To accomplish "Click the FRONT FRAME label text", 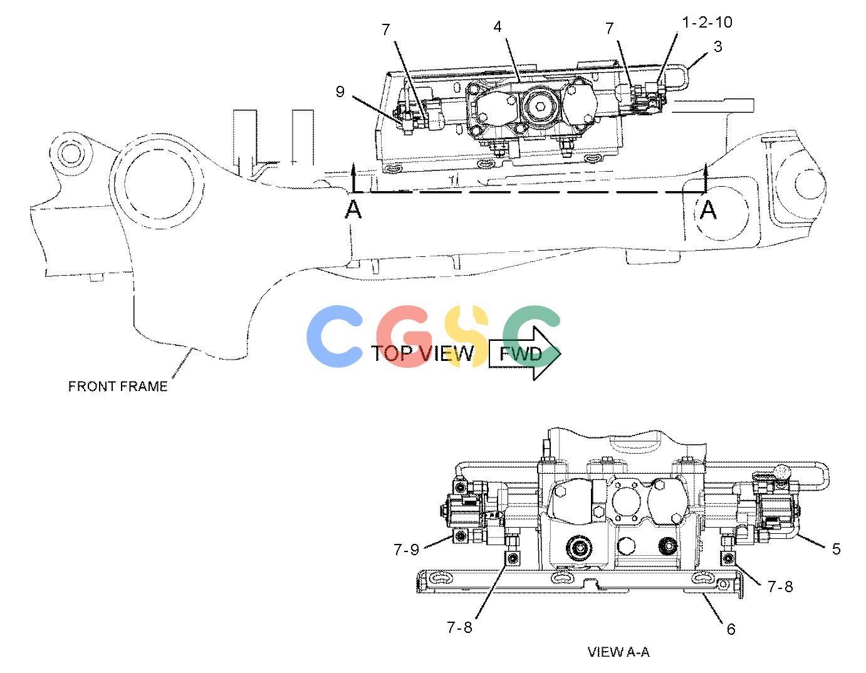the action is tap(118, 386).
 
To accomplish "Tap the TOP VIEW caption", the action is tap(422, 353).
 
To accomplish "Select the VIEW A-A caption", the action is tap(618, 652).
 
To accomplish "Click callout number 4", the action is tap(498, 27).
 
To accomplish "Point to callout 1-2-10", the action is tap(707, 23).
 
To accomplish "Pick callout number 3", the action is tap(717, 46).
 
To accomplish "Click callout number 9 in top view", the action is tap(340, 91).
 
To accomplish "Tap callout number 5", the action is tap(836, 549).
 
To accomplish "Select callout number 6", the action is tap(731, 629).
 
